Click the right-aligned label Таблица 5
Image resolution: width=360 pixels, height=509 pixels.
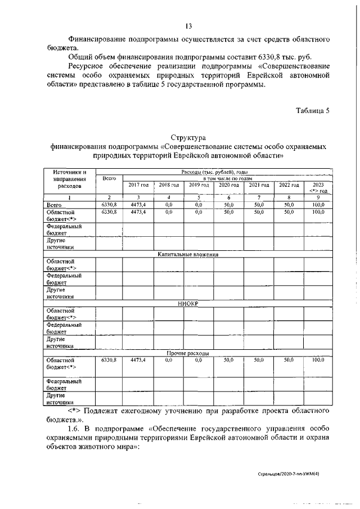pyautogui.click(x=313, y=110)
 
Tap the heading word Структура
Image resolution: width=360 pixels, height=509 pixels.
pyautogui.click(x=188, y=137)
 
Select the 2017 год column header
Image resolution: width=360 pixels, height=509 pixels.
pyautogui.click(x=138, y=185)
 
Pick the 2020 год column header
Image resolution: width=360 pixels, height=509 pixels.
pyautogui.click(x=229, y=185)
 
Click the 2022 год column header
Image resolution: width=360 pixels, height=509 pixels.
pyautogui.click(x=289, y=185)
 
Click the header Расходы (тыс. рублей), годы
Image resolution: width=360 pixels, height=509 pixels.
pyautogui.click(x=214, y=172)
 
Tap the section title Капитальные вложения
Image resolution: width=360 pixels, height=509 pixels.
pyautogui.click(x=188, y=255)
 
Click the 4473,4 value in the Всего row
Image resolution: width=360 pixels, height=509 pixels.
pyautogui.click(x=138, y=205)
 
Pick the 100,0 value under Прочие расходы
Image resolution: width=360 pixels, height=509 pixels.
pyautogui.click(x=319, y=359)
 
